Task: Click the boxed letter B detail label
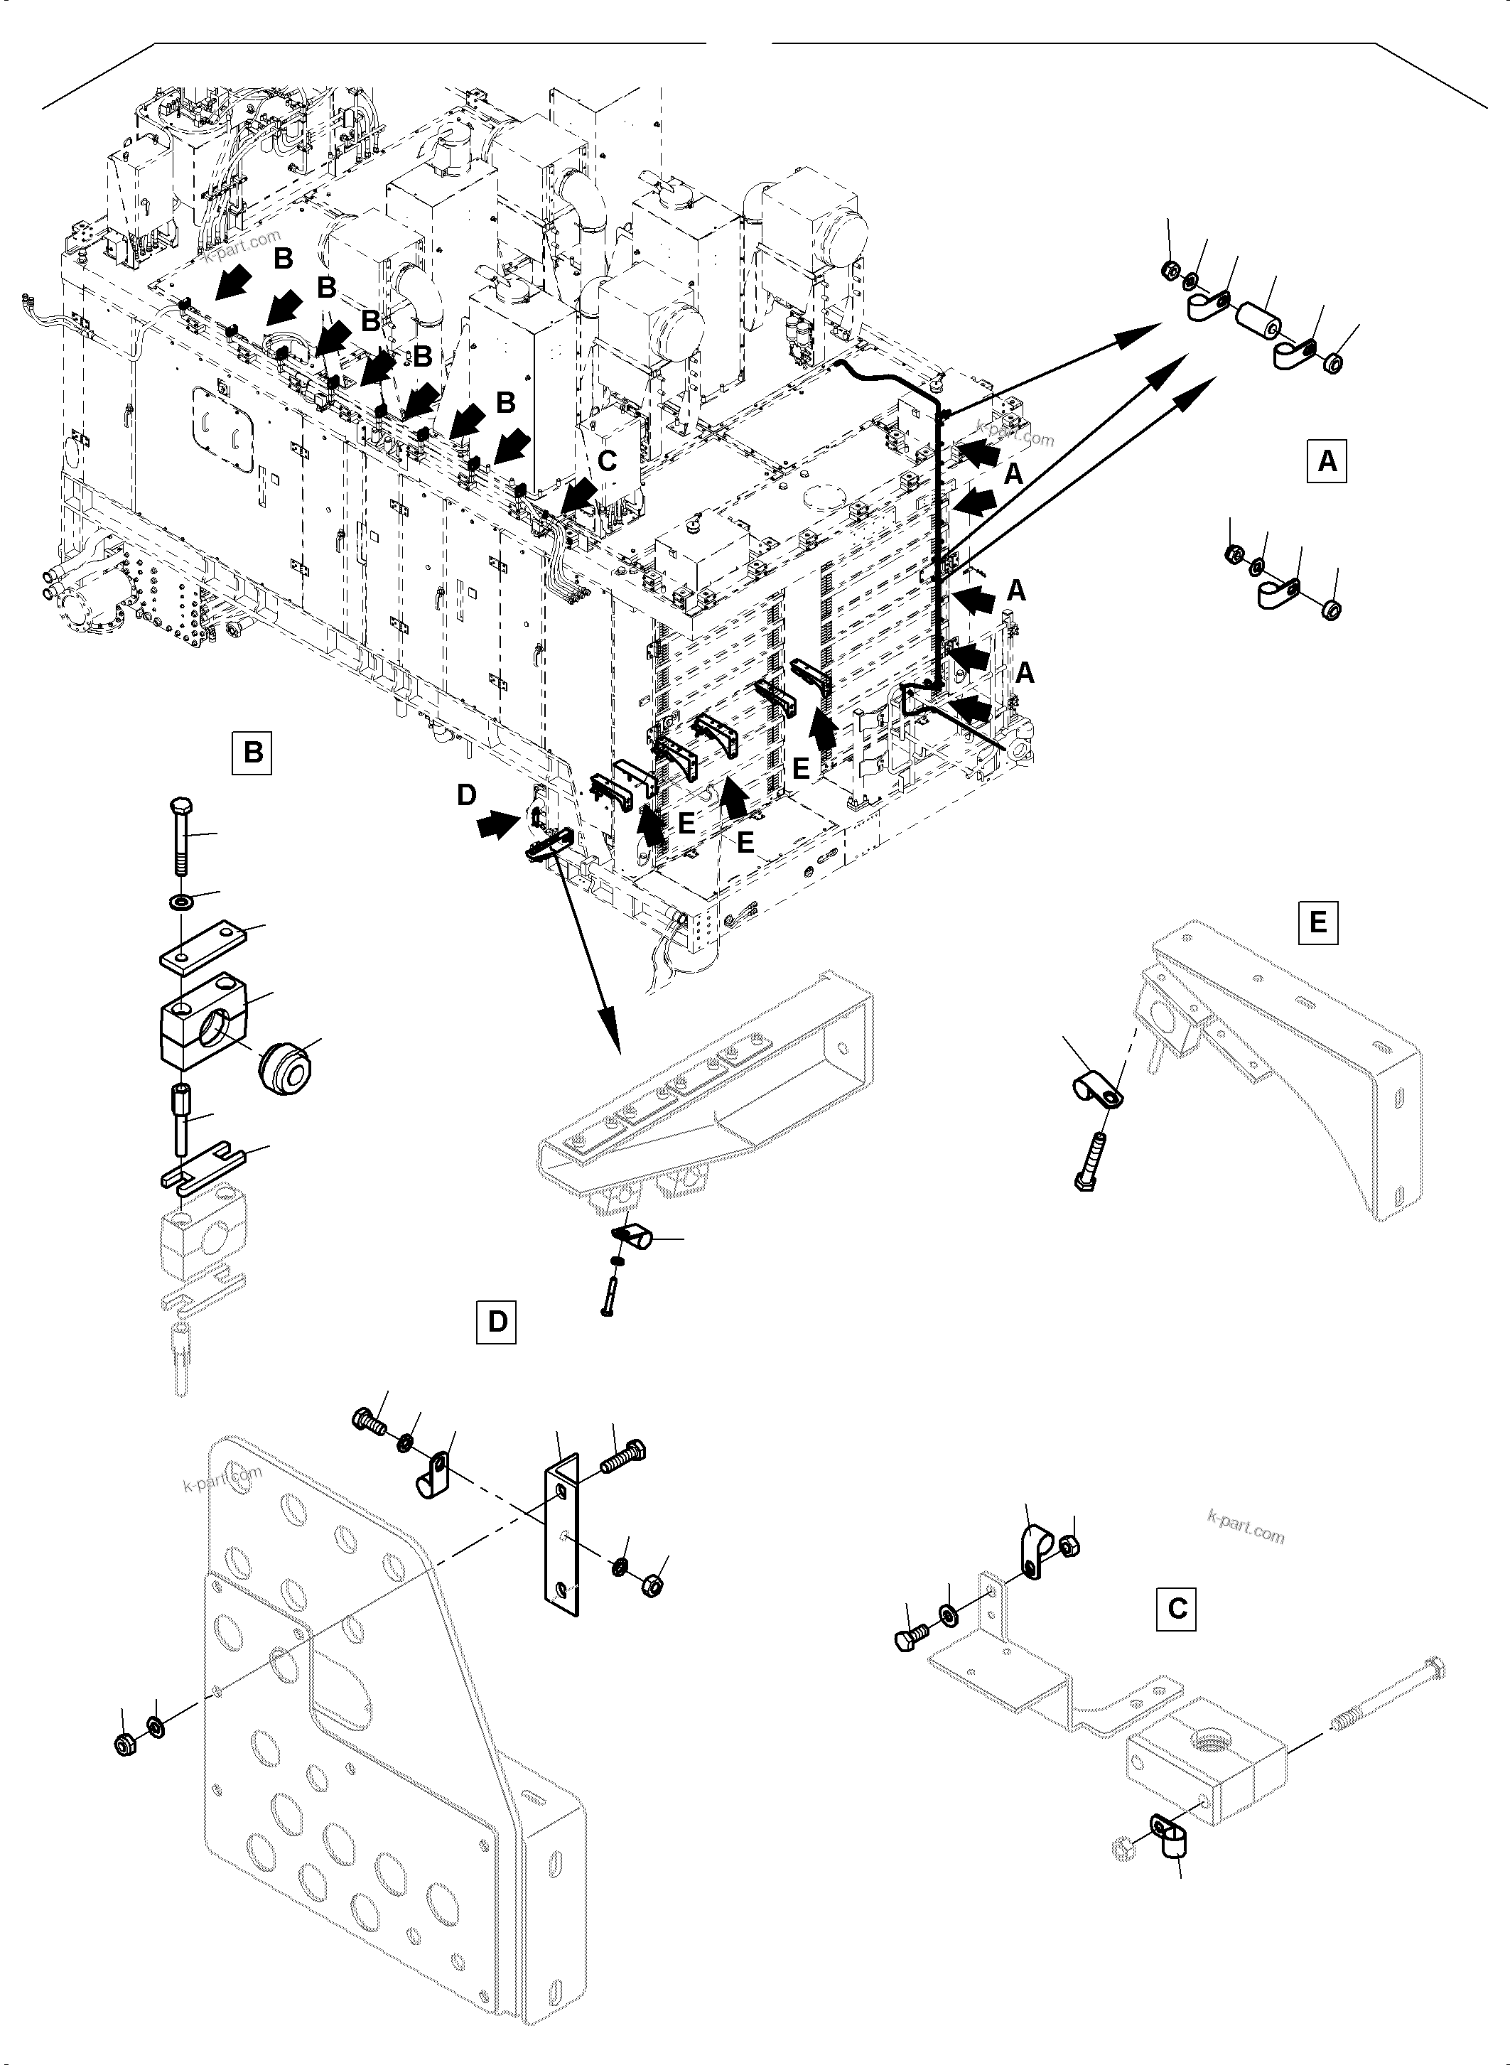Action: click(252, 753)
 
